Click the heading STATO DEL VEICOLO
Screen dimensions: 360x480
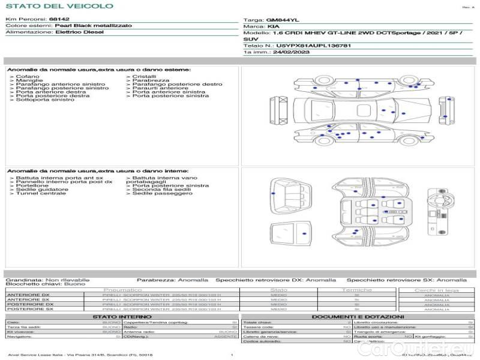point(59,6)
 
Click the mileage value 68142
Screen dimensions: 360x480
point(59,19)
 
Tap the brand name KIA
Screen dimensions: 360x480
point(272,27)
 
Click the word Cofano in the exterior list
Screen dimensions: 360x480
point(28,77)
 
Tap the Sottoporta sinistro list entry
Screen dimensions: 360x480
point(44,100)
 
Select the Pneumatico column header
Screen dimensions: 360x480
point(126,290)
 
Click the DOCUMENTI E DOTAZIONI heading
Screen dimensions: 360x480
point(358,316)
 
